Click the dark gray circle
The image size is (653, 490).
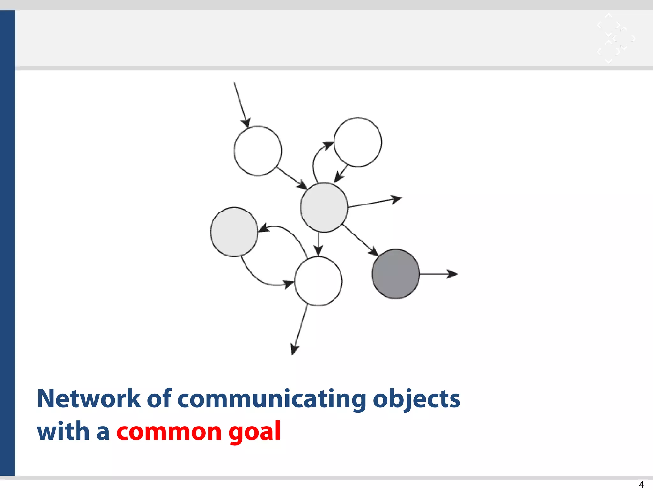click(x=396, y=274)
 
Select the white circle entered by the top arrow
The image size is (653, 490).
click(x=258, y=151)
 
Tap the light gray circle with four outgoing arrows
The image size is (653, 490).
click(x=324, y=207)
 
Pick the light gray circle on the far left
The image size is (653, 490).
click(x=234, y=232)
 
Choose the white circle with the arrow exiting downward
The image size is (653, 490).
click(x=318, y=281)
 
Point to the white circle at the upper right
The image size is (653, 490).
click(x=358, y=142)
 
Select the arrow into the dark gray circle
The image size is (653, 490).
click(x=360, y=240)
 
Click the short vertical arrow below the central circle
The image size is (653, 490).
click(x=318, y=244)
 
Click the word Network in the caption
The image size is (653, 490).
click(x=89, y=399)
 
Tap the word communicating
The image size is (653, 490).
click(x=272, y=399)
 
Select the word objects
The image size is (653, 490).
click(x=416, y=399)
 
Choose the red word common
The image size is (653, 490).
click(x=169, y=432)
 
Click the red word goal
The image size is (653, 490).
click(x=254, y=432)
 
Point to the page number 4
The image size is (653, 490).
click(x=641, y=484)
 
